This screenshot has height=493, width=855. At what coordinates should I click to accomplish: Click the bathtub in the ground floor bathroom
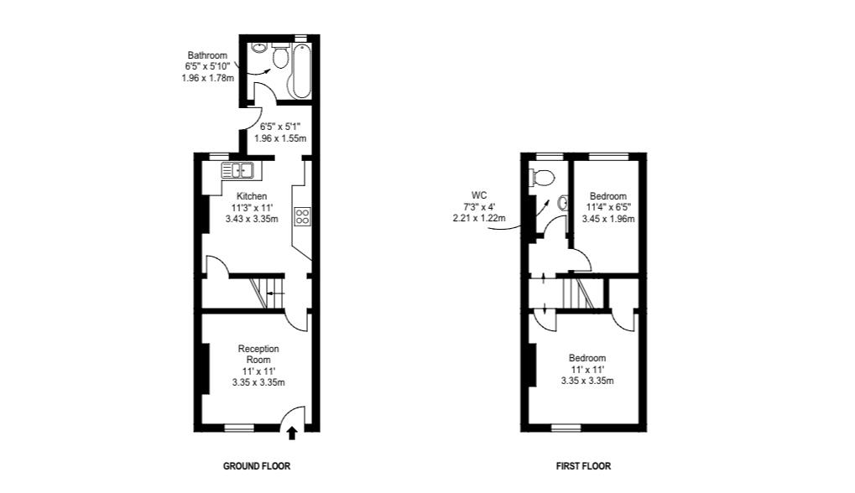pyautogui.click(x=300, y=73)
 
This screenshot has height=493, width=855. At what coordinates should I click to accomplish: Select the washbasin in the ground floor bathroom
pyautogui.click(x=258, y=50)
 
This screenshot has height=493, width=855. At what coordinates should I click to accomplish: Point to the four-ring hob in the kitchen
pyautogui.click(x=302, y=216)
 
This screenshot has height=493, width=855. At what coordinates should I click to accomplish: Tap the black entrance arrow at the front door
pyautogui.click(x=292, y=433)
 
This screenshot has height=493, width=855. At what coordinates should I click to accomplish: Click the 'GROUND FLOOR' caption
pyautogui.click(x=257, y=466)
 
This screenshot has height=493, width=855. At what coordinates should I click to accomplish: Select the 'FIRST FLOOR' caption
pyautogui.click(x=583, y=466)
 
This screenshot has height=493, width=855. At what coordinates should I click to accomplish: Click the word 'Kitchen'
pyautogui.click(x=252, y=196)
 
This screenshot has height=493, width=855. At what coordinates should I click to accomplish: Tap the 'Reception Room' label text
pyautogui.click(x=258, y=354)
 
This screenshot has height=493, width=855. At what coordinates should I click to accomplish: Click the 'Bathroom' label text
pyautogui.click(x=207, y=55)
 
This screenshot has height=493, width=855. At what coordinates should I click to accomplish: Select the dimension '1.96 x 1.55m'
pyautogui.click(x=280, y=138)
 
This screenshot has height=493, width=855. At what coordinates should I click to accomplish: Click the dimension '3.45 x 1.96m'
pyautogui.click(x=608, y=219)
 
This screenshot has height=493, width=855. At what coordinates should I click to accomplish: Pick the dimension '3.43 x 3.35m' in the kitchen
pyautogui.click(x=252, y=218)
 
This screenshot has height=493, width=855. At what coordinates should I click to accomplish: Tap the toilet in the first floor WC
pyautogui.click(x=542, y=178)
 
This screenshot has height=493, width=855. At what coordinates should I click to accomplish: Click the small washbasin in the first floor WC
pyautogui.click(x=561, y=201)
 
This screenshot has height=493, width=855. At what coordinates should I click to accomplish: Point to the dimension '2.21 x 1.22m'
pyautogui.click(x=478, y=217)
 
